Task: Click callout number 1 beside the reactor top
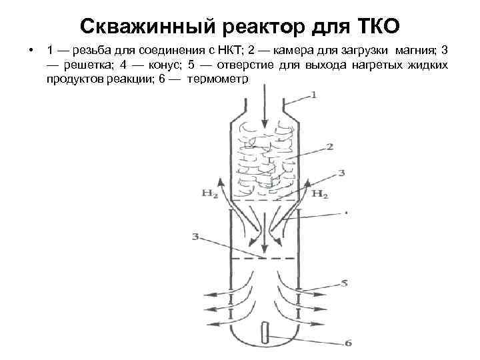coord(313,95)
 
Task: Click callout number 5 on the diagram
coord(344,283)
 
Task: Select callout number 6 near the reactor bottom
coord(348,343)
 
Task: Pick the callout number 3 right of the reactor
coord(341,173)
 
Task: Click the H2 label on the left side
coord(209,195)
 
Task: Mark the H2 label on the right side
coord(320,195)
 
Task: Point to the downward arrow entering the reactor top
coord(265,113)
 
